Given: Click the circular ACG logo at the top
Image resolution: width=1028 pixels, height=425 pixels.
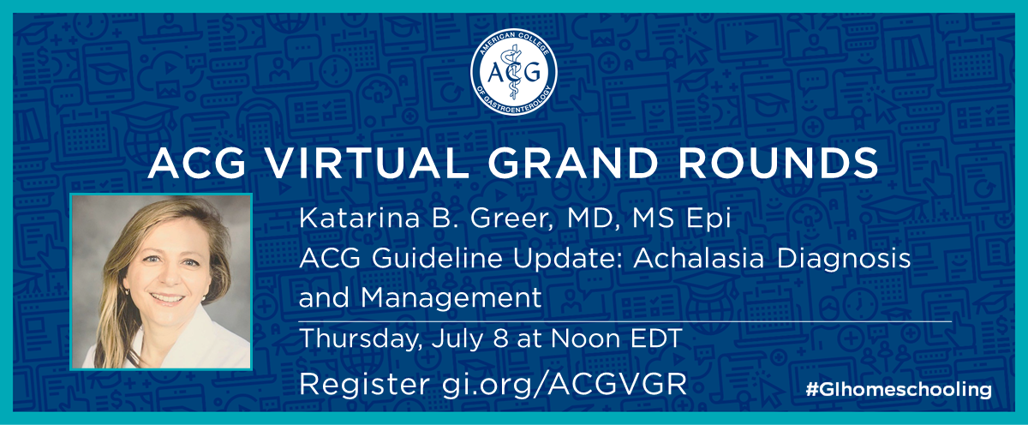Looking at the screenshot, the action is click(x=513, y=72).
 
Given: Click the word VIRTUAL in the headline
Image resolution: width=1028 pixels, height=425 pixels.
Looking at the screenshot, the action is click(x=365, y=163).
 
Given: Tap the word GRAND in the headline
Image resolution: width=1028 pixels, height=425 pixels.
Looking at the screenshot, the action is click(x=573, y=163).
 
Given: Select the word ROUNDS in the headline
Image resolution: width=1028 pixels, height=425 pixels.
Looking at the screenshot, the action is click(x=779, y=163).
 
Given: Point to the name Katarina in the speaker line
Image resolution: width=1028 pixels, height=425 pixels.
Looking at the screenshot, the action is click(x=359, y=218).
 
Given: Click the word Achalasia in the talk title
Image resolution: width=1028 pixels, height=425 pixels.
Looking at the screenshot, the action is click(x=699, y=258).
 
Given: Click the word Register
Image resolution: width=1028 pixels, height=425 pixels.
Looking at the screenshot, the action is click(x=364, y=385).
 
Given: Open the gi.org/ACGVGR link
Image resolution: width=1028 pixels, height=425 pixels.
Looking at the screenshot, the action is click(x=564, y=385).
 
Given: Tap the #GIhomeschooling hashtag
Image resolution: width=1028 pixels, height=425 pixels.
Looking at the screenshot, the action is click(x=898, y=390).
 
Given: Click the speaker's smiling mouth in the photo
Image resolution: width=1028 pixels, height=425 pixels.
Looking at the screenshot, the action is click(x=166, y=299).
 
